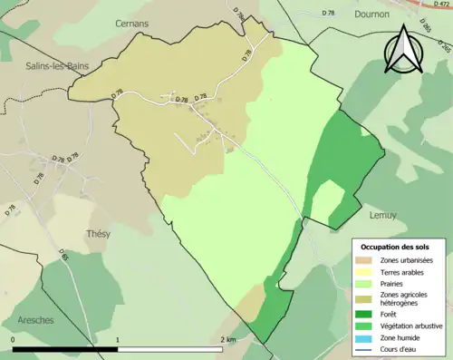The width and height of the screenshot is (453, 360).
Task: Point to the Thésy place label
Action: (97, 233)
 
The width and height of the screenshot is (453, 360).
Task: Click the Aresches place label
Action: (36, 321)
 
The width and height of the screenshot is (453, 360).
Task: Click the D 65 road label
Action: (64, 256)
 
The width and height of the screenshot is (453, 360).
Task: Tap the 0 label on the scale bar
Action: (14, 339)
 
